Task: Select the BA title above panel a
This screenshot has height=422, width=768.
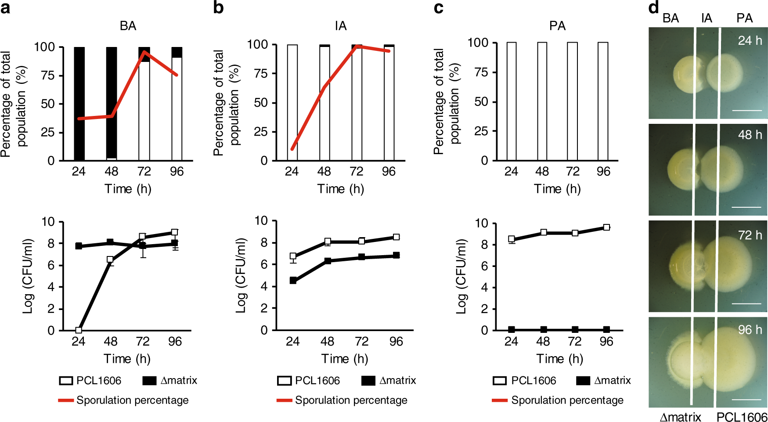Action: point(128,26)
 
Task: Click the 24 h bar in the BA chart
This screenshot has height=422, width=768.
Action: point(79,104)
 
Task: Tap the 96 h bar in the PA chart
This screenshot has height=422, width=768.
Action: point(603,101)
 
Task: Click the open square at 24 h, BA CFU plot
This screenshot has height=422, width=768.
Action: point(79,330)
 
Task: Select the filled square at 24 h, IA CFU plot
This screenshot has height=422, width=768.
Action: point(293,281)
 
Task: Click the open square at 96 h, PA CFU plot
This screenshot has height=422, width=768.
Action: point(606,227)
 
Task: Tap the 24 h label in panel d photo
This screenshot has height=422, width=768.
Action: point(750,41)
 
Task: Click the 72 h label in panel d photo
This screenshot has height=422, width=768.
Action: point(750,235)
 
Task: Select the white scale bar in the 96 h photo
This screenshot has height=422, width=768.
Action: point(746,399)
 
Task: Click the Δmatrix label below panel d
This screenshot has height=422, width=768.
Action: point(680,417)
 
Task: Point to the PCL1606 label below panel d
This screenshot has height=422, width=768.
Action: point(742,417)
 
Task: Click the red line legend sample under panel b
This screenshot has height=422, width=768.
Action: point(284,400)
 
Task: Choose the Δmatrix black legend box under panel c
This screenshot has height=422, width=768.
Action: point(583,380)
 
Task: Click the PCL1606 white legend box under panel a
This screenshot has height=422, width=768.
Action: point(66,380)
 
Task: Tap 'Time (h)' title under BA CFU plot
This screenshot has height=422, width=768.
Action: point(127,359)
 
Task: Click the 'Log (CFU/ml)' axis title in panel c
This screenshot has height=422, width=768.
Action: point(461,276)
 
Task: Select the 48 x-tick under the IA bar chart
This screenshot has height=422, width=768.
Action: point(324,171)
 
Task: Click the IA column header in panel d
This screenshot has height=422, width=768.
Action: point(707,18)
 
